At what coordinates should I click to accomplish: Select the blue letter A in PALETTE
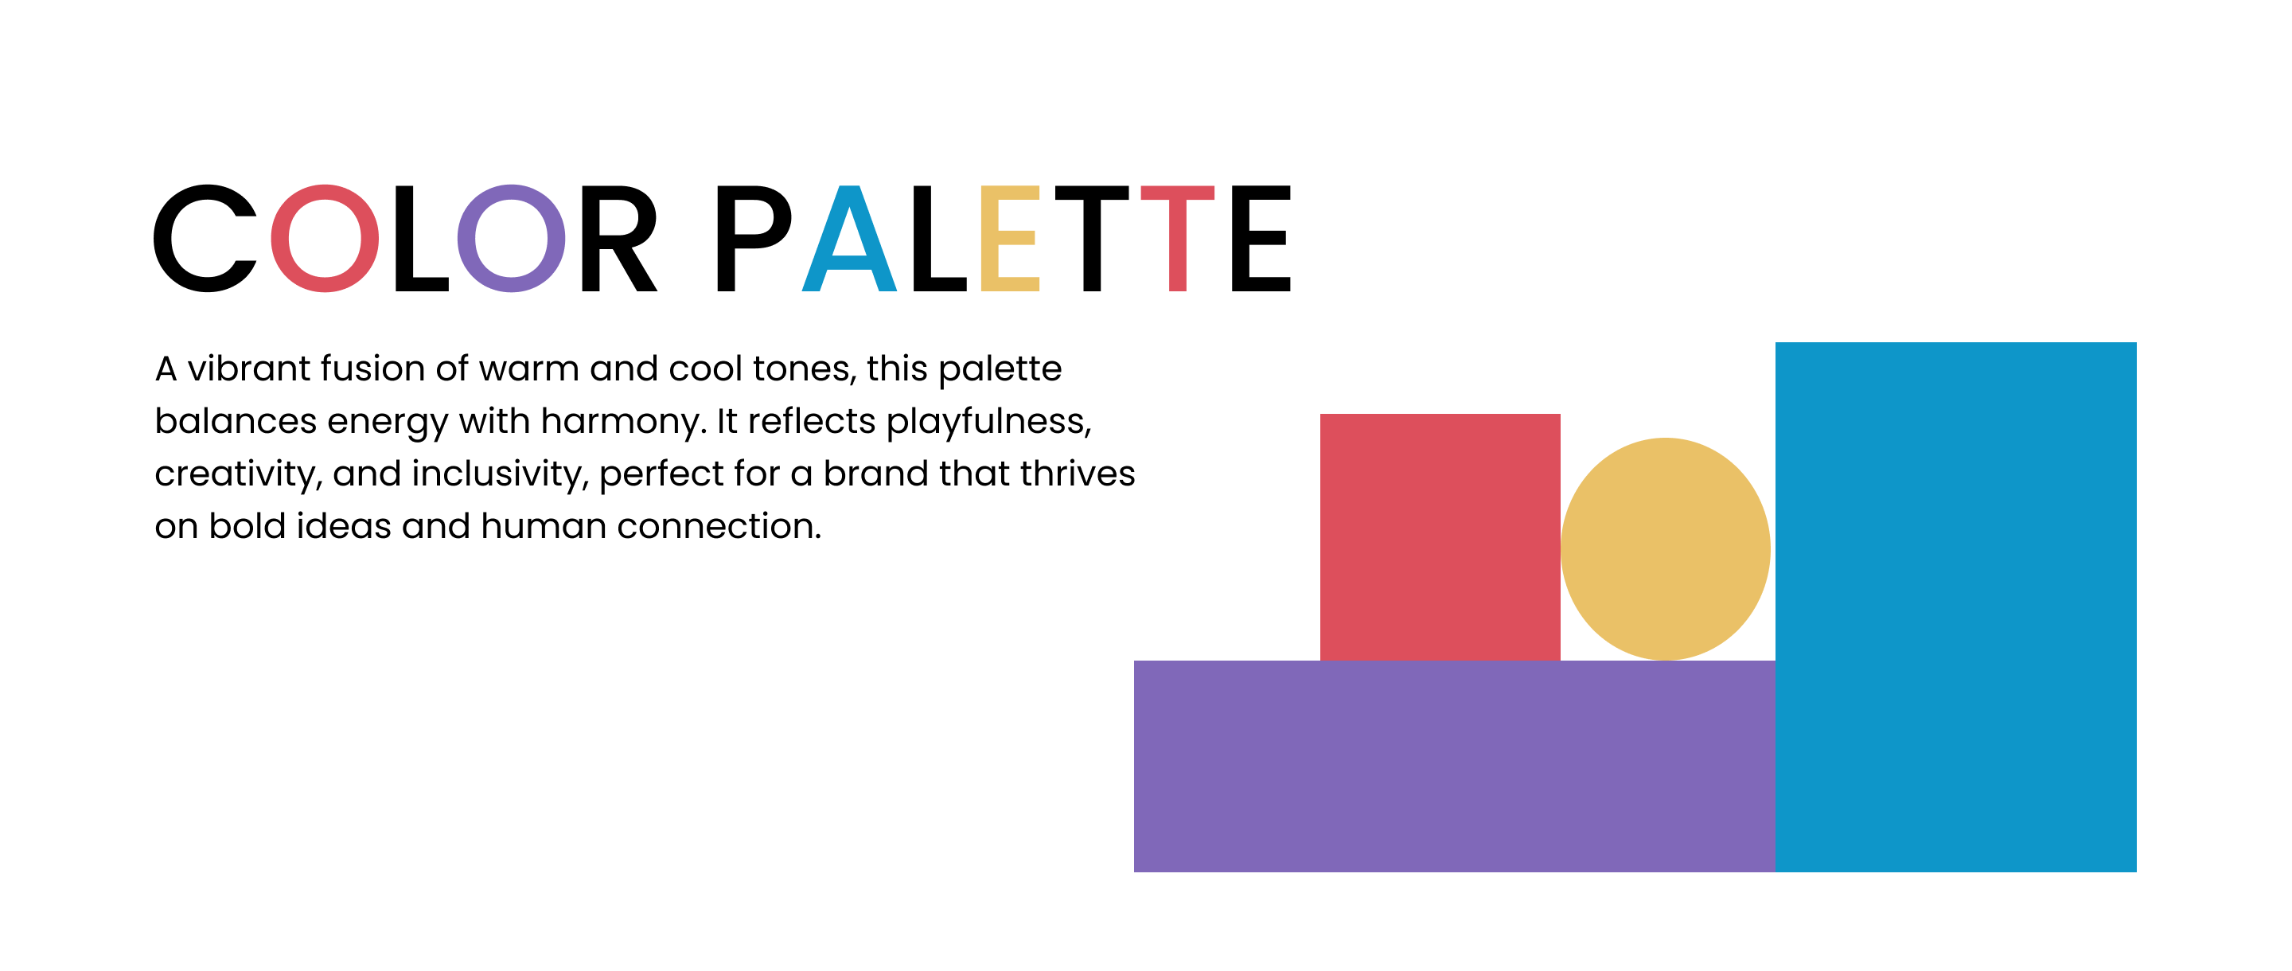(x=849, y=258)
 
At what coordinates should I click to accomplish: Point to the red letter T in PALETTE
(x=1177, y=239)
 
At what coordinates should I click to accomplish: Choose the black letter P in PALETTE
(x=727, y=239)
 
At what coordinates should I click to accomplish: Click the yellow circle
(x=1666, y=549)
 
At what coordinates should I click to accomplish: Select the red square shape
(x=1440, y=536)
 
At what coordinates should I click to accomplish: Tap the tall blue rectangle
(x=1955, y=607)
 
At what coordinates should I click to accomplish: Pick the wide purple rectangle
(x=1455, y=766)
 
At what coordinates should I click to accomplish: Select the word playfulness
(x=988, y=422)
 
